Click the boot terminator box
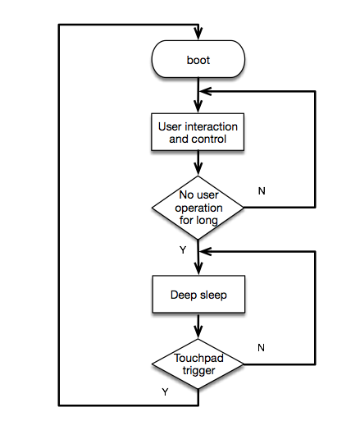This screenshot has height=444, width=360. pyautogui.click(x=198, y=60)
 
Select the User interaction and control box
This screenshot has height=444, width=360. pyautogui.click(x=198, y=133)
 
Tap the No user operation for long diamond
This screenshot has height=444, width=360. pyautogui.click(x=198, y=208)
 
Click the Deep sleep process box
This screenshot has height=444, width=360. pyautogui.click(x=198, y=294)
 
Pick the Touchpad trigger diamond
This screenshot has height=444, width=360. pyautogui.click(x=198, y=364)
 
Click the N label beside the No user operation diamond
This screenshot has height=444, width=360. pyautogui.click(x=262, y=190)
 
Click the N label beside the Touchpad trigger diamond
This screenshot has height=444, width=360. pyautogui.click(x=261, y=347)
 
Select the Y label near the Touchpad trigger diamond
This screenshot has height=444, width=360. pyautogui.click(x=165, y=392)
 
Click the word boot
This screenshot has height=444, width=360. pyautogui.click(x=198, y=60)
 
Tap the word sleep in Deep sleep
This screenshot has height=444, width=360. pyautogui.click(x=212, y=294)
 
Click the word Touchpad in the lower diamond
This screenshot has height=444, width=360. pyautogui.click(x=198, y=358)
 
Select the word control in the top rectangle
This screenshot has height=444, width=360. pyautogui.click(x=207, y=140)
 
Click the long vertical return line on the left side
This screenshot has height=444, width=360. pyautogui.click(x=60, y=213)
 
